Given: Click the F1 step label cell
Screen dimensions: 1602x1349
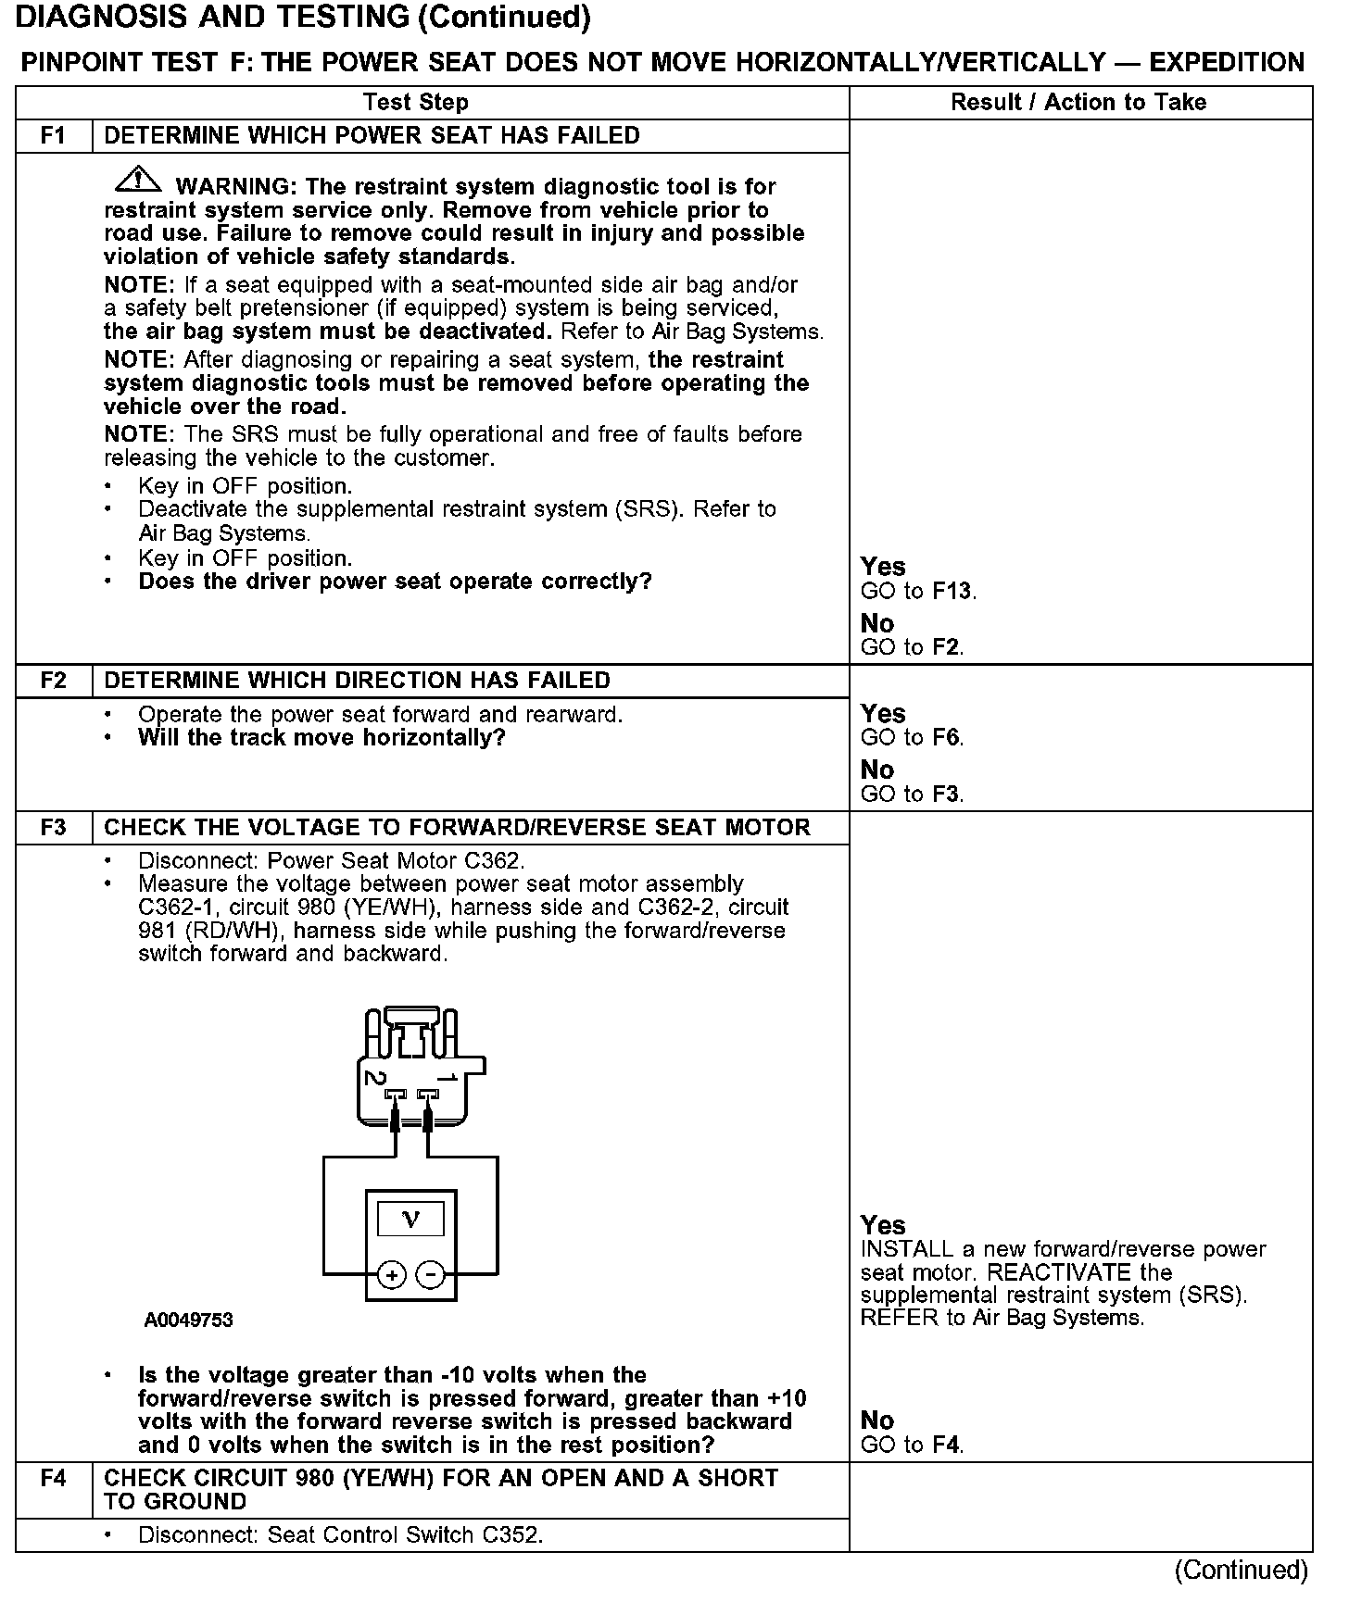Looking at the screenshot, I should [x=54, y=136].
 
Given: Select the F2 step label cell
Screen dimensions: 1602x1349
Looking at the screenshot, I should [x=54, y=681].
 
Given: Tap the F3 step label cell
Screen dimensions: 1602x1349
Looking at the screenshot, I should [x=54, y=827].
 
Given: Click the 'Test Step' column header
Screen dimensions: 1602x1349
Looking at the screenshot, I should [x=416, y=103].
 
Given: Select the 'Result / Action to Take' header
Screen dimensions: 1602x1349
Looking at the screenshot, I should [x=1078, y=103].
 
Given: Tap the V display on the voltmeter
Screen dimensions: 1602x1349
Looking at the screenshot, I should [x=410, y=1220].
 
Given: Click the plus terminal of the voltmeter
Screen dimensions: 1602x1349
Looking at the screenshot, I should [x=392, y=1276].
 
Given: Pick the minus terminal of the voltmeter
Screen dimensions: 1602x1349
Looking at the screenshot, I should [x=429, y=1276].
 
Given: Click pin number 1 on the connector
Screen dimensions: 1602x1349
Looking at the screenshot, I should [x=448, y=1077].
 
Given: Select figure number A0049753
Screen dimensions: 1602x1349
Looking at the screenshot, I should [x=188, y=1320].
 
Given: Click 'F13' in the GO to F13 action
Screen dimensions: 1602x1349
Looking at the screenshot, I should [x=953, y=592].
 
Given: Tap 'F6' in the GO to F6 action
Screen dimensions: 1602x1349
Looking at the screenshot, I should [x=947, y=738].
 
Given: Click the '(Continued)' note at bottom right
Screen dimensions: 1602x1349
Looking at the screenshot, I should [x=1241, y=1570].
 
